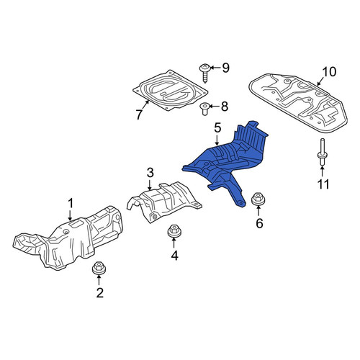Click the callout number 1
[71, 204]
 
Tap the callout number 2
[100, 292]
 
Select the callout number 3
[150, 173]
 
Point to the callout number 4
[174, 256]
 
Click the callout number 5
[217, 127]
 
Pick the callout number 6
[259, 223]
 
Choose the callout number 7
[139, 114]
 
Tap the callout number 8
[225, 107]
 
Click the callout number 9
[225, 68]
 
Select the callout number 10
[329, 71]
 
